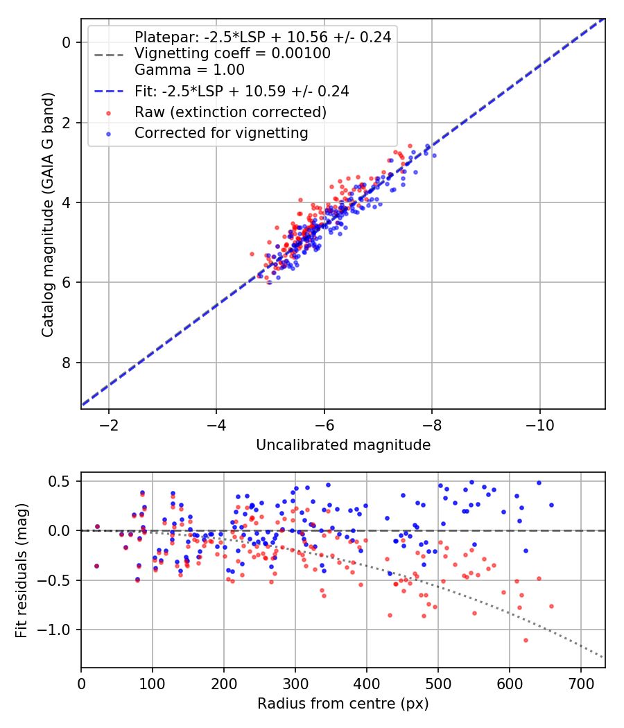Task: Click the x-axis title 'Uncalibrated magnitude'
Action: point(343,445)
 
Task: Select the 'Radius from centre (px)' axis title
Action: point(343,704)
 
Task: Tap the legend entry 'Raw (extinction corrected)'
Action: point(230,112)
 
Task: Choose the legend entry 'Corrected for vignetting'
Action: point(221,132)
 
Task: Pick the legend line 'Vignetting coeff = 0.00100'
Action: point(232,53)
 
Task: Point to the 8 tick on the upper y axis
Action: point(67,363)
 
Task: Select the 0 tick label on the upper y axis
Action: point(67,43)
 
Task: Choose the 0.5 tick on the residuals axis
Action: point(62,481)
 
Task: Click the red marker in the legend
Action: point(108,112)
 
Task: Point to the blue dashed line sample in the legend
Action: point(108,91)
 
